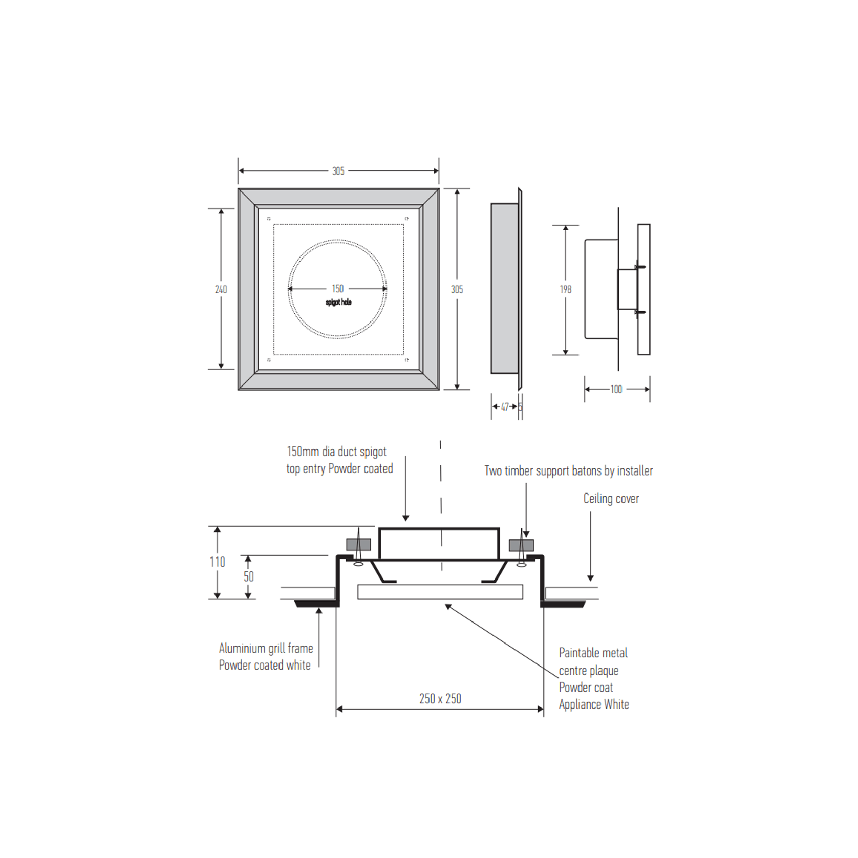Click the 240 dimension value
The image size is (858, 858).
[x=221, y=289]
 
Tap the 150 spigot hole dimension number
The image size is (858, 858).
[x=337, y=289]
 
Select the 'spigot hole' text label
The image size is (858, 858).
[x=338, y=302]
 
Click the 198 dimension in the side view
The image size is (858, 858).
[x=565, y=289]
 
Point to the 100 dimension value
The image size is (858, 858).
[x=616, y=389]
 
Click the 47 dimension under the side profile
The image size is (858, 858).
[x=505, y=406]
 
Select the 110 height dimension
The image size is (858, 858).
[x=217, y=562]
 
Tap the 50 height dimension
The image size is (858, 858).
[x=248, y=576]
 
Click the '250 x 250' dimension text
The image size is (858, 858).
[x=440, y=698]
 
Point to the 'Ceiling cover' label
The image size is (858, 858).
[x=611, y=498]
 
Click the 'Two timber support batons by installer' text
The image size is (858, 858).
[x=568, y=470]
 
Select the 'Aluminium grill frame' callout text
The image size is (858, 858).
[x=266, y=648]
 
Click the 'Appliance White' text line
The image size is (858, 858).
[x=594, y=704]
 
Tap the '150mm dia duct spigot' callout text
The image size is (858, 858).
[x=336, y=452]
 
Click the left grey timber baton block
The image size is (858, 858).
[x=358, y=545]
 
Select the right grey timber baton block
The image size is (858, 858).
[x=521, y=545]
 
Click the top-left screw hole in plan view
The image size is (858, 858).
[x=269, y=219]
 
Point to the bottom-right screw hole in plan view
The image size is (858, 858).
[x=406, y=360]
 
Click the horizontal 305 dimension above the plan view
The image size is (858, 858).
[x=338, y=171]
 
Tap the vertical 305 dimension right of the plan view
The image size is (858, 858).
[x=457, y=289]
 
